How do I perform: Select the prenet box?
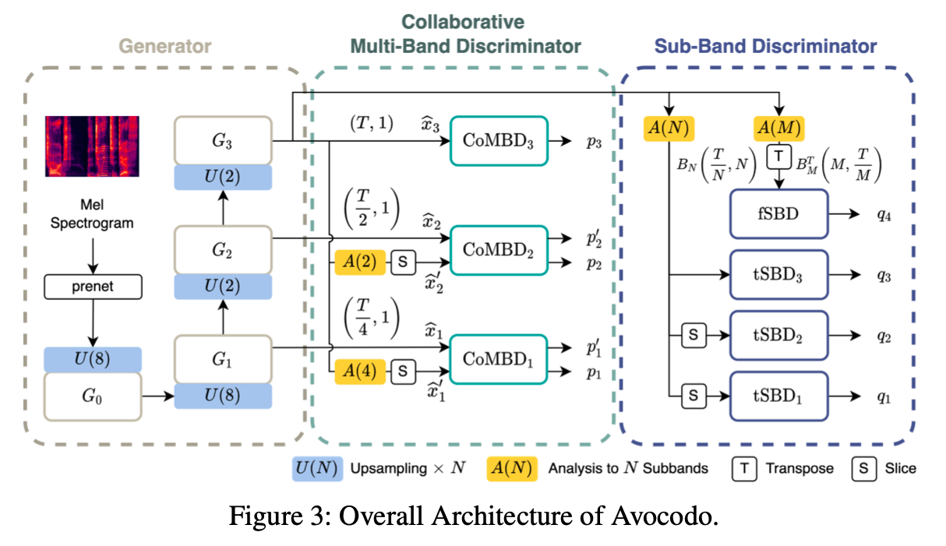click(93, 287)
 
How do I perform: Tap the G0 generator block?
click(93, 396)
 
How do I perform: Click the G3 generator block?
click(223, 141)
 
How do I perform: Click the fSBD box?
click(777, 213)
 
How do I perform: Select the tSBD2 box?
click(777, 336)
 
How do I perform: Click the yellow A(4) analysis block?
click(360, 372)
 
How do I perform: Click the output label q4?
click(883, 213)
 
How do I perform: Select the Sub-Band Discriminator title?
click(765, 46)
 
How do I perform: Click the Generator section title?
click(165, 46)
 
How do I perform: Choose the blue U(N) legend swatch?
click(316, 468)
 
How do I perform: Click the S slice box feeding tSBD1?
click(693, 396)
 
